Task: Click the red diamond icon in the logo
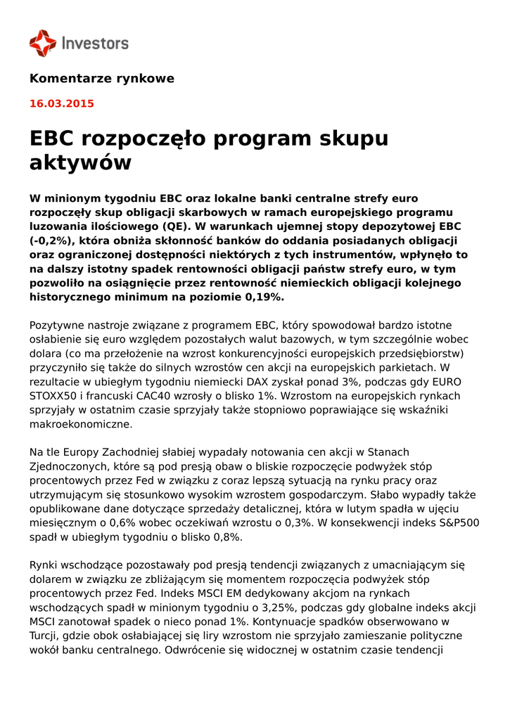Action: click(43, 44)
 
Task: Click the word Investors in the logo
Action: click(95, 44)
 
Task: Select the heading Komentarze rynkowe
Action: click(101, 78)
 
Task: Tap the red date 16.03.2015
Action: click(61, 103)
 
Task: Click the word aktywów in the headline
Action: click(80, 163)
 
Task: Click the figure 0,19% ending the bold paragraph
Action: click(264, 297)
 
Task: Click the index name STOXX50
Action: click(56, 395)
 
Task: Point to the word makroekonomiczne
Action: click(80, 424)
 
